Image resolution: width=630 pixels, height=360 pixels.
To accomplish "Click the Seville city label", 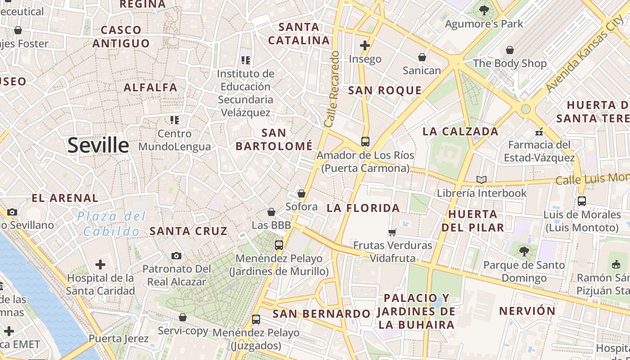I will coord(98,146).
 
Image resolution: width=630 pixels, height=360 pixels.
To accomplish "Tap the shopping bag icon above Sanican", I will coord(422,57).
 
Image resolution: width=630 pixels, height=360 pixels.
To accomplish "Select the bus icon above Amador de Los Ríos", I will coord(365,142).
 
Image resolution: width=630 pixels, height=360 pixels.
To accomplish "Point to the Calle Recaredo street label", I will coord(332,89).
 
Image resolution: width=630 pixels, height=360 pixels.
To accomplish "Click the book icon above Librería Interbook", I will coord(481,180).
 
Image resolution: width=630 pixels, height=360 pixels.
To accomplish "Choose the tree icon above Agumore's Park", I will coord(484,10).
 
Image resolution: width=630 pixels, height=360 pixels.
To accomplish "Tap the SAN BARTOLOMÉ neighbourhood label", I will coord(274,139).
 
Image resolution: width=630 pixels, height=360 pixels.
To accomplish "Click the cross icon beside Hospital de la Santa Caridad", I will coord(100,265).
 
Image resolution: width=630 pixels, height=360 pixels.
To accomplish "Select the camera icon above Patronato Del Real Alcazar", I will coord(176,256).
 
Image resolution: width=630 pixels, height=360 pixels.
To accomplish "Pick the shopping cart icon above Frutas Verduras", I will coord(392,232).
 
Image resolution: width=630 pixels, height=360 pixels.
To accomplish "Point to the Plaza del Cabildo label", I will coord(111,224).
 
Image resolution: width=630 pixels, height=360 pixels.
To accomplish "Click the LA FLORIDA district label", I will coord(363,208).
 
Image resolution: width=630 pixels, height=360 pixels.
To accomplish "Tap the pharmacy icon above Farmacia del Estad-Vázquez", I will coord(539,132).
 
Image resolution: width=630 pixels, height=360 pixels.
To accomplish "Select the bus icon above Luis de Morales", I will coord(582,201).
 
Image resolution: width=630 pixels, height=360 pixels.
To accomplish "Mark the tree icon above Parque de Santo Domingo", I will coord(524,251).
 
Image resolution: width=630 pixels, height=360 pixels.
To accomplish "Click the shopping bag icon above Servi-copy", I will coord(183,317).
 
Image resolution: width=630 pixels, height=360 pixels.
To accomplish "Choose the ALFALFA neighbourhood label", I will coord(150,87).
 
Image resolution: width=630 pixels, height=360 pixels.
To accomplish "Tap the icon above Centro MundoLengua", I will coord(174,120).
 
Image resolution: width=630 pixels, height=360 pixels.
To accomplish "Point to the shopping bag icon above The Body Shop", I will coord(510,50).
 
